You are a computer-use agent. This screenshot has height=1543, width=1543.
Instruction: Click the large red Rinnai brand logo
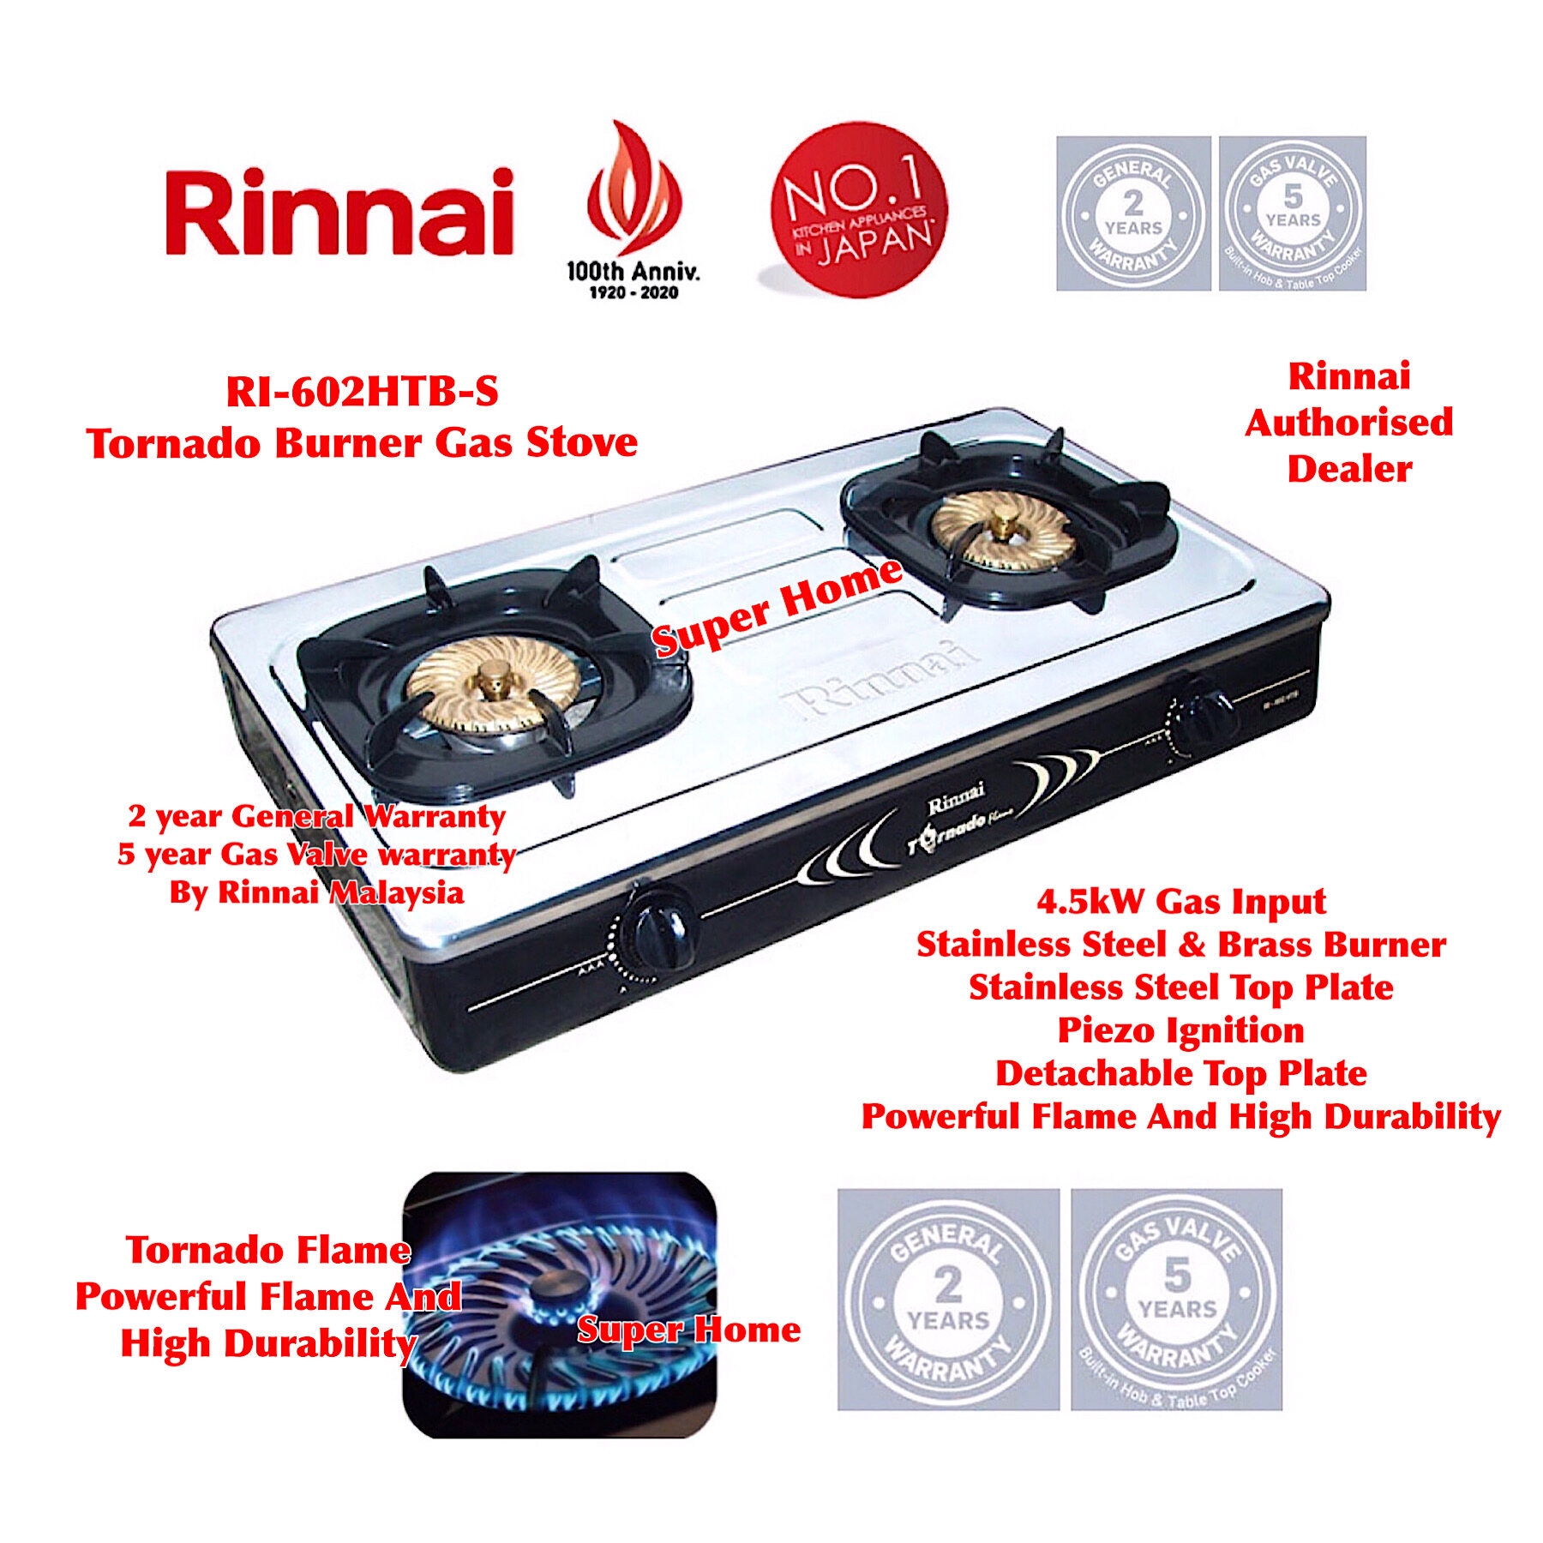339,213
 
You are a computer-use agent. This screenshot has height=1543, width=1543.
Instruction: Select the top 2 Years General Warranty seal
1132,213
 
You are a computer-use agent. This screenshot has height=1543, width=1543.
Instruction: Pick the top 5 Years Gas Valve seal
1292,213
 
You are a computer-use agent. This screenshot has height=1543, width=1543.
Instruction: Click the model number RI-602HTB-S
362,393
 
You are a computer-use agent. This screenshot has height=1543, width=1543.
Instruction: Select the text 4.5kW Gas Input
1180,901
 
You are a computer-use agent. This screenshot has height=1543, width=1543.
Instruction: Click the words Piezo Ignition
1180,1030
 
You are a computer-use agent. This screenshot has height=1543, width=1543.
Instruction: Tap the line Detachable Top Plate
1180,1073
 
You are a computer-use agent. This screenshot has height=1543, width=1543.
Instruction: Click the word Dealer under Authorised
1349,469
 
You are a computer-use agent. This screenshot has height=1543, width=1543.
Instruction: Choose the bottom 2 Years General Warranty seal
948,1299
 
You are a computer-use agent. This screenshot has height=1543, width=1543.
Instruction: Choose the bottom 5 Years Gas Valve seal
1176,1299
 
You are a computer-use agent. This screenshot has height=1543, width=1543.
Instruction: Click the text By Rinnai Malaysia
316,892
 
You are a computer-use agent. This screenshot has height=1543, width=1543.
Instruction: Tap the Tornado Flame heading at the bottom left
267,1250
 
